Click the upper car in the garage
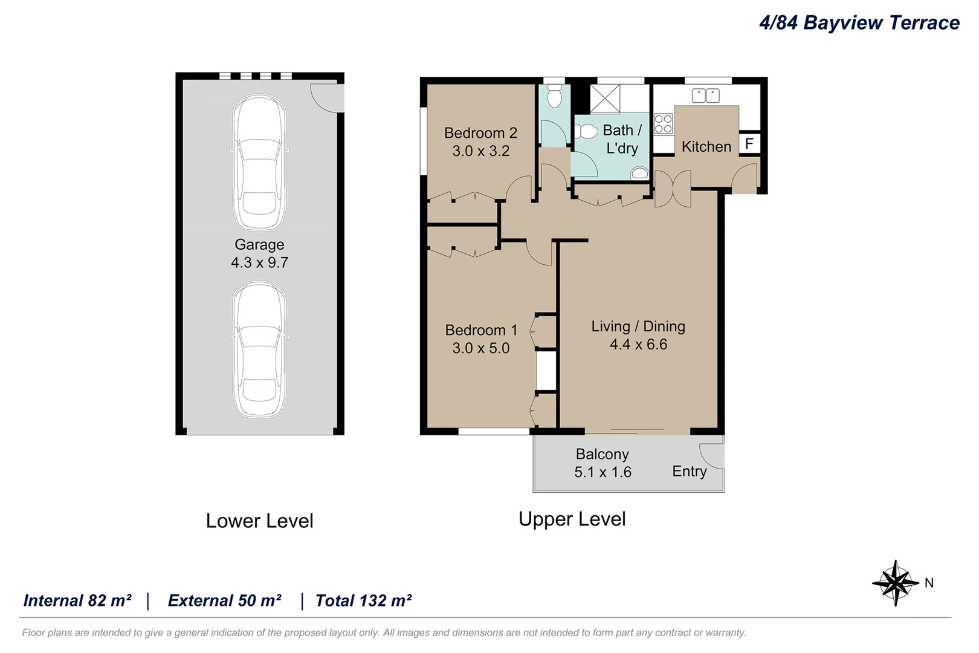click(x=260, y=162)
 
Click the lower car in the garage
click(x=260, y=349)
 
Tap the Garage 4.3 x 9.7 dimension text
click(x=260, y=262)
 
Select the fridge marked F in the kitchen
click(x=749, y=143)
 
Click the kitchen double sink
click(x=706, y=96)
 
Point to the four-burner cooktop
click(x=663, y=124)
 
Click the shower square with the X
click(x=605, y=99)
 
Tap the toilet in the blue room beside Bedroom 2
click(x=554, y=96)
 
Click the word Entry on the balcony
click(x=690, y=472)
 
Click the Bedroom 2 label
click(x=481, y=133)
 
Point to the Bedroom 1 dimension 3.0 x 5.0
click(x=481, y=348)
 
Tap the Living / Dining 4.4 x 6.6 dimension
click(x=639, y=345)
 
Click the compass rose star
click(x=895, y=583)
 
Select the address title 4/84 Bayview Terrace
click(x=859, y=23)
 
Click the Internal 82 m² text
click(x=77, y=600)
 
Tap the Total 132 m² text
click(x=364, y=600)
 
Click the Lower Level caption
click(x=260, y=521)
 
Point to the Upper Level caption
click(x=572, y=519)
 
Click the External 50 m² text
click(x=225, y=600)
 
